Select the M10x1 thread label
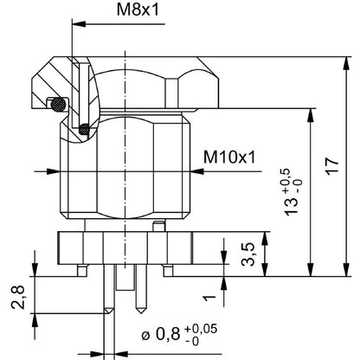pos(227,157)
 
